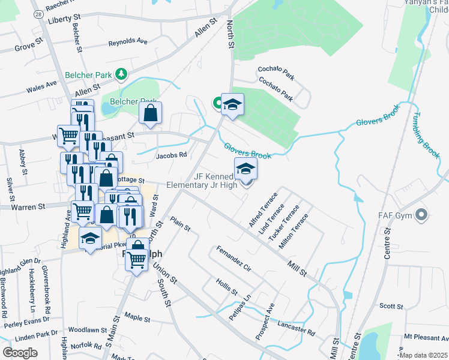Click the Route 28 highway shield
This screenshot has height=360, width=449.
(37, 13)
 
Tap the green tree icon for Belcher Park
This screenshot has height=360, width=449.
(122, 74)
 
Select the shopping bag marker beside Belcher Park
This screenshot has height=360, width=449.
(150, 112)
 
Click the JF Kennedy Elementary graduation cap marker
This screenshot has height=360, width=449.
(245, 169)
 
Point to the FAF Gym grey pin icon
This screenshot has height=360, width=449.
(422, 214)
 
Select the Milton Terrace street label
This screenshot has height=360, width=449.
(298, 229)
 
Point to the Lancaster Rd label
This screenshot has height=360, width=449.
(297, 328)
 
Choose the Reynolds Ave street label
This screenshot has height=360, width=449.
(128, 43)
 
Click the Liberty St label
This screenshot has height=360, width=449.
(64, 20)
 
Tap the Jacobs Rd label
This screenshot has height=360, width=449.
(172, 154)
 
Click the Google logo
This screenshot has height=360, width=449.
(20, 352)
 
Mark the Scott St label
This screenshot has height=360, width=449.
(391, 306)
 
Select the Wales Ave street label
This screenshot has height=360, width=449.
(41, 89)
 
